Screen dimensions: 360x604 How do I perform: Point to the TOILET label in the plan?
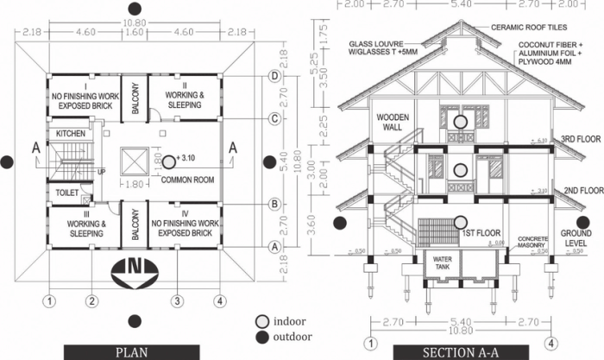[x=66, y=193]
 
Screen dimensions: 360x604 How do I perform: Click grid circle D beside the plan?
[x=274, y=76]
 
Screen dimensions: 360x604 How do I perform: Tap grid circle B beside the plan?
[x=274, y=204]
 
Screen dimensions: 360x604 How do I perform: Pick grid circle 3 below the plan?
[x=176, y=301]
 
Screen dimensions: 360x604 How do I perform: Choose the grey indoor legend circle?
[x=261, y=321]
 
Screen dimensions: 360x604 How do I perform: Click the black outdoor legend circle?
[x=261, y=337]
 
